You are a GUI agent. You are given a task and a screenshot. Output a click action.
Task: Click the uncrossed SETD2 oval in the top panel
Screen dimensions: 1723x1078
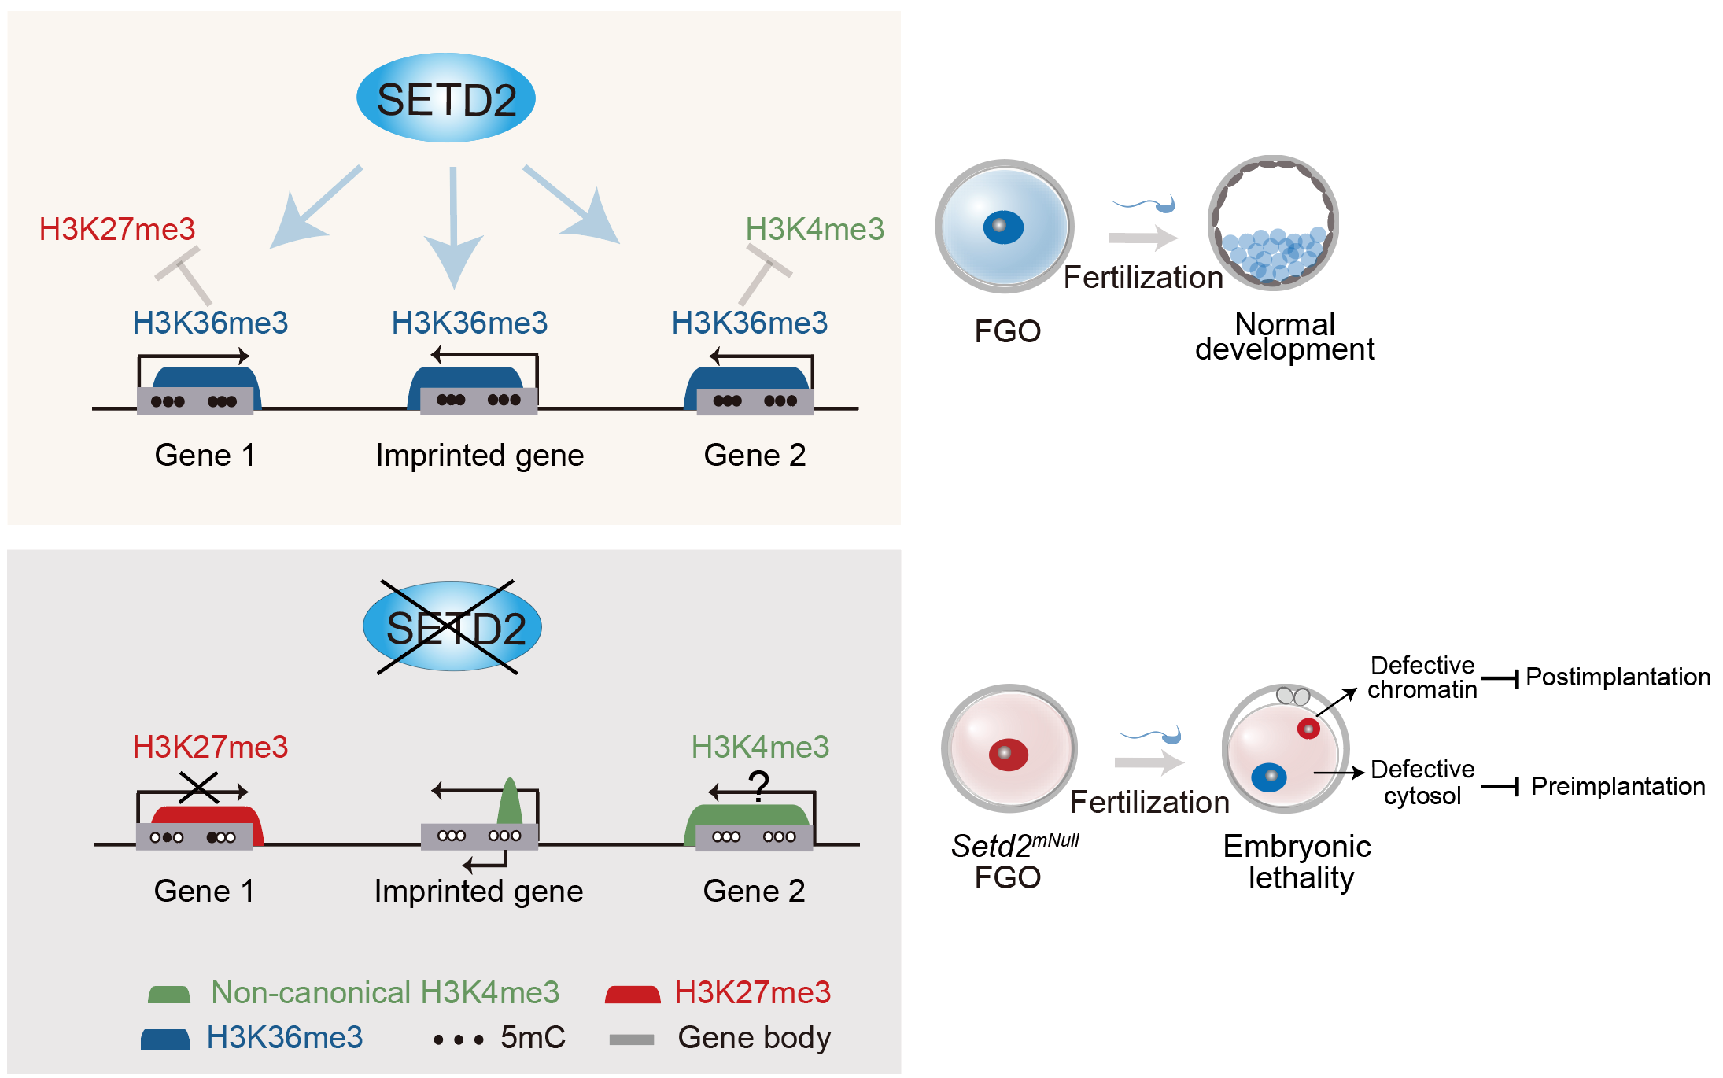click(x=446, y=98)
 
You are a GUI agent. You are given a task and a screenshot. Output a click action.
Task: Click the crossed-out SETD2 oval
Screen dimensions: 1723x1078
click(x=452, y=626)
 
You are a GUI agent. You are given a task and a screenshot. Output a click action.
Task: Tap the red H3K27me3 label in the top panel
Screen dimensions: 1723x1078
click(x=117, y=229)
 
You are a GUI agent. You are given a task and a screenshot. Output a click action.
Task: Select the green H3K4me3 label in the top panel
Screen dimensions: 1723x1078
click(x=815, y=229)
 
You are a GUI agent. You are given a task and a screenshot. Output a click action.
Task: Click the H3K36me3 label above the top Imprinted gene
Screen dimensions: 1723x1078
click(x=470, y=323)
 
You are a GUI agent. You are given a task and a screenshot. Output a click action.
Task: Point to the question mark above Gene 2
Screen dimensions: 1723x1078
click(x=758, y=785)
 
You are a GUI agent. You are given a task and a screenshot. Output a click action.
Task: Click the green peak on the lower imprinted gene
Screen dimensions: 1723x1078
click(x=510, y=801)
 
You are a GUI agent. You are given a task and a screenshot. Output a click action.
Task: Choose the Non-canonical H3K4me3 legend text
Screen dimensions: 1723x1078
click(x=386, y=992)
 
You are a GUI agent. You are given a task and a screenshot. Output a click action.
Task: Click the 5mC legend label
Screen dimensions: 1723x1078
click(x=533, y=1038)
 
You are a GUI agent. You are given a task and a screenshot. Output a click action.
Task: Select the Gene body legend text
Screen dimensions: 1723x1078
click(x=755, y=1038)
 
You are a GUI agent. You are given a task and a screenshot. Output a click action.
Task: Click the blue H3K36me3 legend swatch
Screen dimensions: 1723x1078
click(x=165, y=1039)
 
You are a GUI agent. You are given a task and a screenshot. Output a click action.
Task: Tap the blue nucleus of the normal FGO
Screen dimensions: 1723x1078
click(x=1003, y=227)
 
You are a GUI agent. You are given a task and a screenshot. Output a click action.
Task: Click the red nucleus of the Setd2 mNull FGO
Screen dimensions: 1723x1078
click(x=1008, y=754)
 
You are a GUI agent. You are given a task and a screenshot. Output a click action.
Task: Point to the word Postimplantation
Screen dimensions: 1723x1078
click(x=1618, y=677)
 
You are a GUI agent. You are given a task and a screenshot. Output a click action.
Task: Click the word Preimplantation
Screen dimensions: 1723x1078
click(x=1618, y=786)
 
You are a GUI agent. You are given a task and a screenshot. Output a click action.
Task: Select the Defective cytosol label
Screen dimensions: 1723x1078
click(x=1422, y=782)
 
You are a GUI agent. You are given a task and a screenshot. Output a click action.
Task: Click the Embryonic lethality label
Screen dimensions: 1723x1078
click(x=1297, y=862)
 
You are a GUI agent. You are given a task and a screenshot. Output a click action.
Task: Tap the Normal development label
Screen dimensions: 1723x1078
click(x=1285, y=336)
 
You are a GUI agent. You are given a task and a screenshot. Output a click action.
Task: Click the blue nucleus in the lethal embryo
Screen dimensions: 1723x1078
click(x=1268, y=777)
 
